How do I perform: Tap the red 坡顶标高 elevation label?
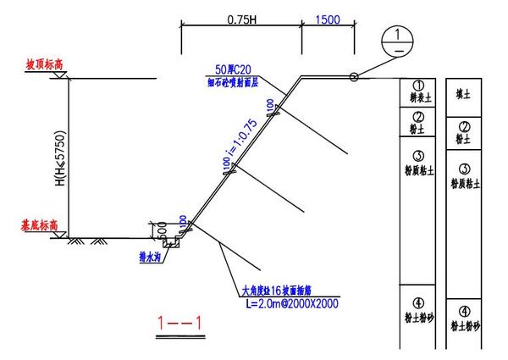tap(46, 64)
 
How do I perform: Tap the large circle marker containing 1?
tap(395, 40)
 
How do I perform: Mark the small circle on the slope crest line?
tap(354, 78)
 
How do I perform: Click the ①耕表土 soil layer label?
tap(418, 91)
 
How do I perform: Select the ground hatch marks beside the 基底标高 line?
tap(86, 242)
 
